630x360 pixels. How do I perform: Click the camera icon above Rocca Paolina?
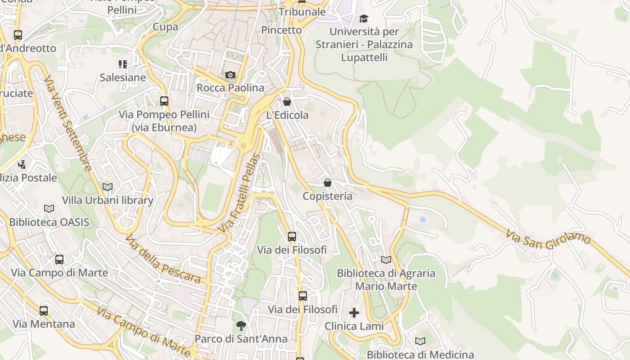coord(230,75)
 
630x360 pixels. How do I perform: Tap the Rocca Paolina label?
coord(230,88)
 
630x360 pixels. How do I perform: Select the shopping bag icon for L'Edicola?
coord(287,102)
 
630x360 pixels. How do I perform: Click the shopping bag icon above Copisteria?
coord(328,183)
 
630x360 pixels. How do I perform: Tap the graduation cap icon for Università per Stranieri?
coord(364,18)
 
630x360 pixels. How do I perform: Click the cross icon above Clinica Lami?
coord(354,312)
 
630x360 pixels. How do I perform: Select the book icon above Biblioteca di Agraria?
coord(386,260)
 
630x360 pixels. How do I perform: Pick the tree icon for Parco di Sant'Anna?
coord(241,325)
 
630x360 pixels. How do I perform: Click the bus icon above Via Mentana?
coord(44,310)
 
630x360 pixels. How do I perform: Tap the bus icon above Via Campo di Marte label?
coord(59,259)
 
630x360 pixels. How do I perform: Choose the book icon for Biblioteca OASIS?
coord(49,208)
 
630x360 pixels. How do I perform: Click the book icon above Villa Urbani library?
coord(108,187)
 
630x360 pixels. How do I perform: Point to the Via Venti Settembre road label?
coord(68,123)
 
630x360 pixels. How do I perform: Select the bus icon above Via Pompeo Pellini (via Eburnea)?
coord(164,101)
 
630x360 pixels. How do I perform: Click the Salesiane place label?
coord(123,77)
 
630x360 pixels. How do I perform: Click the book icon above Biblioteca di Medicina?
coord(420,341)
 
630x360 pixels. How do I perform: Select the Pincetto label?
coord(282,30)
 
